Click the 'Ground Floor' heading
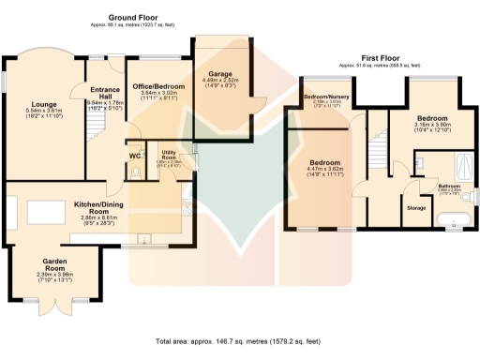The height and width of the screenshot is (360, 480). point(132,18)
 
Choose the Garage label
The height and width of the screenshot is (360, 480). point(220,74)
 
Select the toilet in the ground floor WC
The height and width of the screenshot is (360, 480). point(135,172)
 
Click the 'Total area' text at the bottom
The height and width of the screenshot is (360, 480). point(239,342)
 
